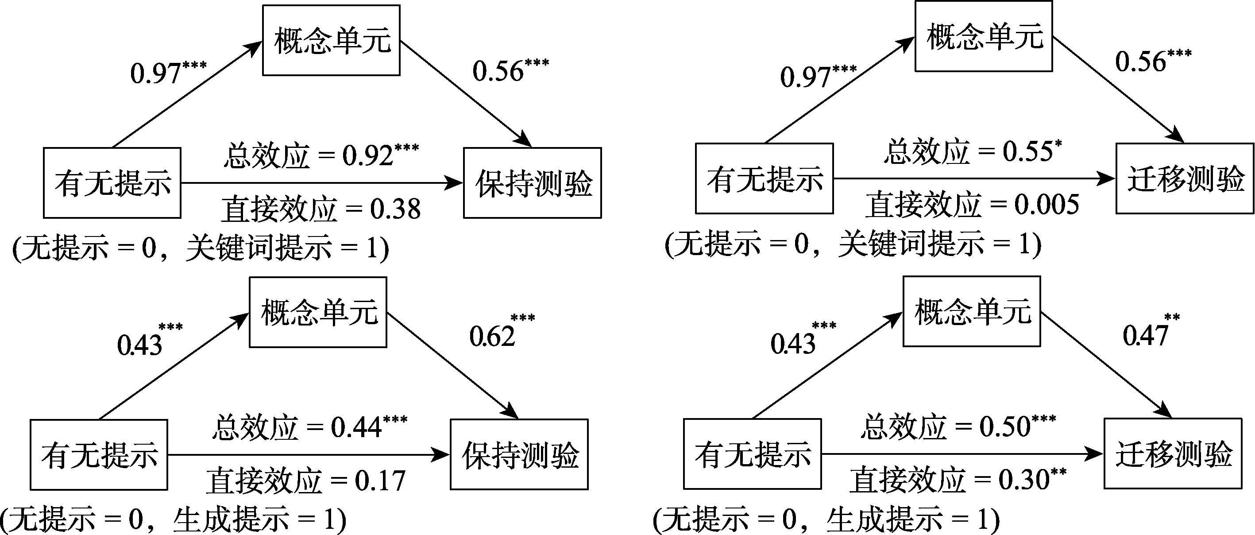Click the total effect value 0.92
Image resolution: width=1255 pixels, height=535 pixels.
[x=367, y=156]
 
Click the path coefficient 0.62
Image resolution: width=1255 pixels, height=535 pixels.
[x=492, y=337]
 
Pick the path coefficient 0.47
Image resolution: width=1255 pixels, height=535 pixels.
[x=1145, y=336]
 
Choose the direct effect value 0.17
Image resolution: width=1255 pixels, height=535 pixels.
[x=380, y=481]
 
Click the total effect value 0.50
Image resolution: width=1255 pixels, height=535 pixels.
[x=1004, y=427]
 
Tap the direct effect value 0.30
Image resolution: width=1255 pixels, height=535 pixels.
[x=1023, y=480]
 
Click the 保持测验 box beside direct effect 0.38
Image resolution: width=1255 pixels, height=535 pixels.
[x=533, y=183]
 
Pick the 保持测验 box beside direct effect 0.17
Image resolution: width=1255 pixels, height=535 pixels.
[x=519, y=454]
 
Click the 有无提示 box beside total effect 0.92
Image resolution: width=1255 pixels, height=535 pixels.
[x=112, y=183]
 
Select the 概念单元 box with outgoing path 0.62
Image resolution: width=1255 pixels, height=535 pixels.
[x=318, y=312]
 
